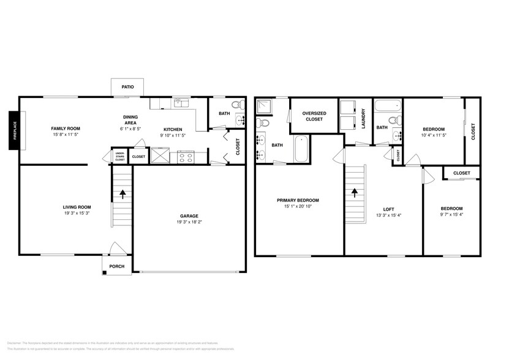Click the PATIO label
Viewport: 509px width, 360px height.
point(127,87)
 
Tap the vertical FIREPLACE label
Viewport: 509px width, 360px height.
point(13,130)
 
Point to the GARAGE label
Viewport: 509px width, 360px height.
point(188,215)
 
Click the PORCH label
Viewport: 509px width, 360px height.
point(116,266)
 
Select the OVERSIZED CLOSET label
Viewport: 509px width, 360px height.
point(314,116)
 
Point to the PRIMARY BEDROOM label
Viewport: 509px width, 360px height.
point(298,200)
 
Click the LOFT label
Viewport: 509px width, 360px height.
point(388,208)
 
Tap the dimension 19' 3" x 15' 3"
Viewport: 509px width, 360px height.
point(77,213)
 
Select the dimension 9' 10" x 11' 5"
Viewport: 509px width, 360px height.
point(173,135)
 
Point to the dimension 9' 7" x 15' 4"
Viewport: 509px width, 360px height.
point(451,215)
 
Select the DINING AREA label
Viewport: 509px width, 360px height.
point(130,120)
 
